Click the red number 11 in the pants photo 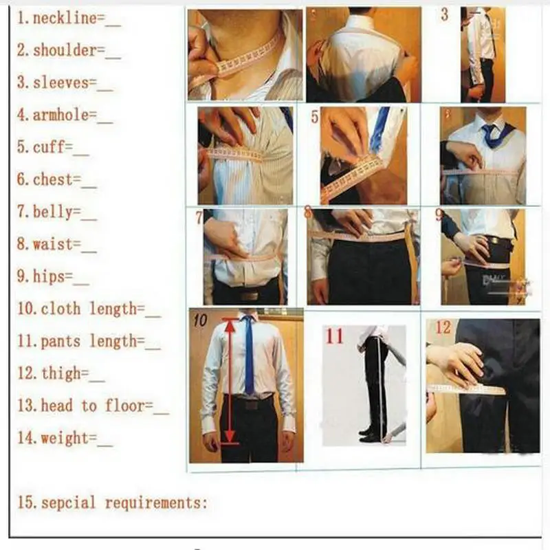334,336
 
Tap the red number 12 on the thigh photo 443,328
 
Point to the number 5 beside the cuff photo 314,117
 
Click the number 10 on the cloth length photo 200,320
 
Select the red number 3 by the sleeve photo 444,15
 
